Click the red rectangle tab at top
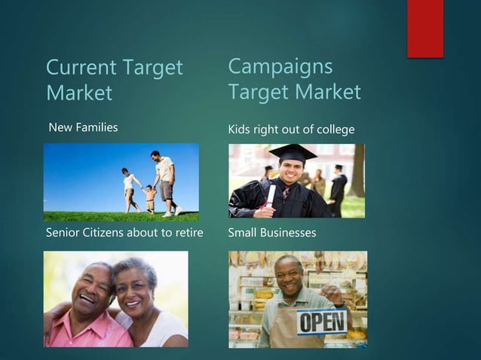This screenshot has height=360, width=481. click(x=425, y=29)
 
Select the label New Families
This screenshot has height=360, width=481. click(x=83, y=127)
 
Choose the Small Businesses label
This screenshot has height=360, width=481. click(x=271, y=233)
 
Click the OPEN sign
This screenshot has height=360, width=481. click(x=322, y=322)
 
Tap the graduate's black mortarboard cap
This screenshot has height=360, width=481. click(x=293, y=153)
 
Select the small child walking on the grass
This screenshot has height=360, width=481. click(x=150, y=197)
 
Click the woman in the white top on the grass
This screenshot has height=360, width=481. click(x=131, y=188)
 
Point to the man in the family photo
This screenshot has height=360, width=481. click(x=165, y=182)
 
